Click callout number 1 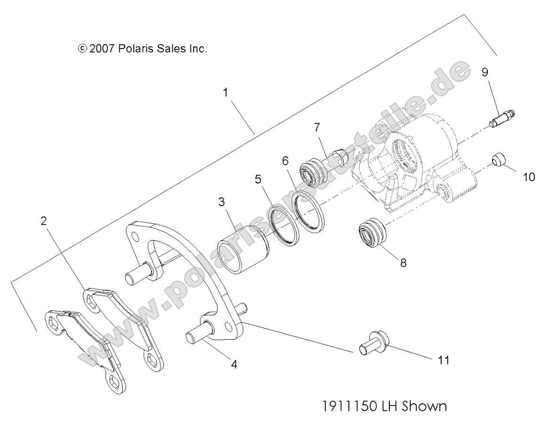point(226,92)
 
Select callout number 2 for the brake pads point(44,221)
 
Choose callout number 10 point(529,176)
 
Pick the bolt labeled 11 point(373,344)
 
